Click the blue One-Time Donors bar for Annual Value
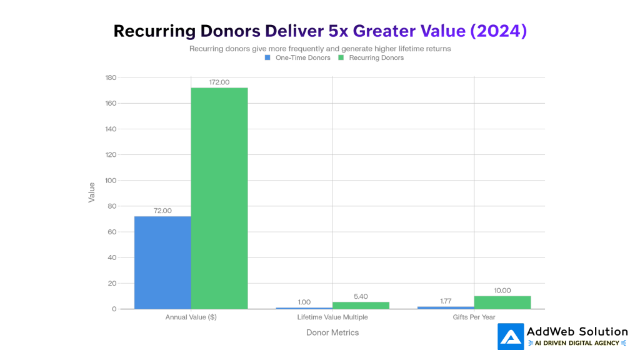[162, 262]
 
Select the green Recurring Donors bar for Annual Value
[219, 198]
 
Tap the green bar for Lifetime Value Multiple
[361, 305]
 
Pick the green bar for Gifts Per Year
[502, 302]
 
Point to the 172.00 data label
[219, 82]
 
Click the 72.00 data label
[162, 211]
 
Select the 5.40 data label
[361, 296]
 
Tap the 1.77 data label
[446, 301]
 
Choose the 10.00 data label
[502, 290]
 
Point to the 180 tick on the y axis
[111, 77]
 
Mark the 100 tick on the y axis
[111, 181]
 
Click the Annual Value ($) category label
[191, 317]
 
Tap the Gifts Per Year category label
[474, 317]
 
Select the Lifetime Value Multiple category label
[332, 317]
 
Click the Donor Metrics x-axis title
[332, 332]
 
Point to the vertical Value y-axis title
[92, 192]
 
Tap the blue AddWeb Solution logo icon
[511, 336]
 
